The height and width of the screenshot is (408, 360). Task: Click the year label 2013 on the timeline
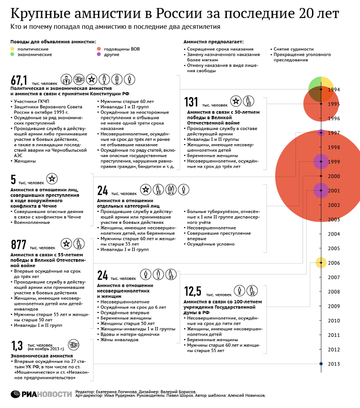[334, 364]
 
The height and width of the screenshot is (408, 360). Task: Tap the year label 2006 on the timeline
[334, 263]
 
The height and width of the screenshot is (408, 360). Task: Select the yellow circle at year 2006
[321, 262]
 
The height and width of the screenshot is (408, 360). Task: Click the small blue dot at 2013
[321, 364]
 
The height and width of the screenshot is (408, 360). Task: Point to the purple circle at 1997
[321, 133]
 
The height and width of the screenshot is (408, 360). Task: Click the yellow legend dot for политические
[12, 49]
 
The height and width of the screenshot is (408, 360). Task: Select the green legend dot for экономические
[12, 54]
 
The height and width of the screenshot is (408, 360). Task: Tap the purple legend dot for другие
[98, 54]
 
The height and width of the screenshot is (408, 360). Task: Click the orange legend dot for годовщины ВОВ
[98, 49]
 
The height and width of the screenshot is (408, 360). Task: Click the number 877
[18, 245]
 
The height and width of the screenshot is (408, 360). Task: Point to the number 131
[191, 102]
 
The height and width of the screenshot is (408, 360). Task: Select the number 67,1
[19, 80]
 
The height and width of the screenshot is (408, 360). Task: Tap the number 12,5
[192, 291]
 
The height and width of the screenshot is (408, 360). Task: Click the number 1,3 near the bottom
[17, 346]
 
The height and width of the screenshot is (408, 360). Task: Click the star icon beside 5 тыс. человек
[52, 179]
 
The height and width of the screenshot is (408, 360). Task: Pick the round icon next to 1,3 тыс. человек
[73, 345]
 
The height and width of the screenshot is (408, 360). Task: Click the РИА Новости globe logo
[15, 394]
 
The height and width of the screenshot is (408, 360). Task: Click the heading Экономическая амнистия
[41, 356]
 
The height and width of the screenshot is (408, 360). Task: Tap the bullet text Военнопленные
[32, 222]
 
